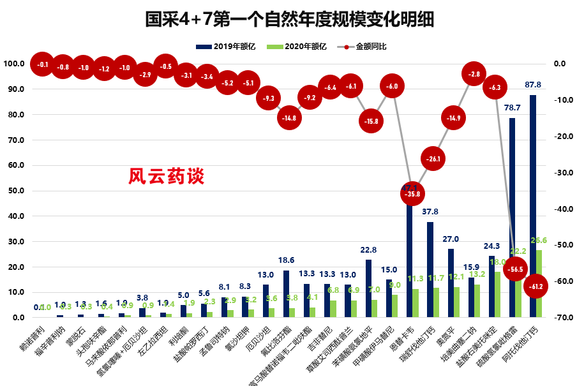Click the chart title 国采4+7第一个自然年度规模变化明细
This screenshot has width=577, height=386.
click(288, 20)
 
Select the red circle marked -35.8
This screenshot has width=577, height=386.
click(412, 193)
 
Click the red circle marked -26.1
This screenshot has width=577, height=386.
click(433, 158)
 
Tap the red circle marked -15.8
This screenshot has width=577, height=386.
click(371, 121)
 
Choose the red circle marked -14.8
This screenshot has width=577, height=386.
click(289, 117)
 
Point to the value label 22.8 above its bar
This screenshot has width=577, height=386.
click(369, 251)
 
